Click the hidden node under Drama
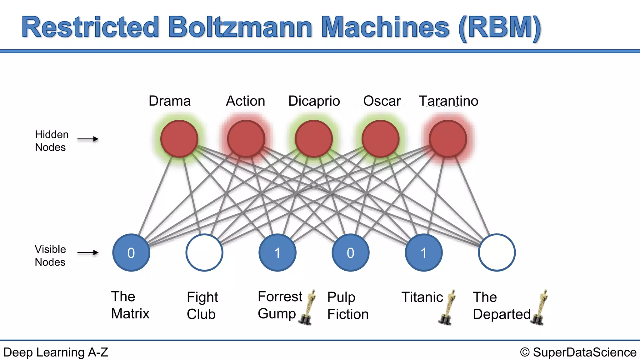(x=179, y=139)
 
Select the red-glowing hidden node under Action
(x=246, y=139)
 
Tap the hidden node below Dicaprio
(x=314, y=139)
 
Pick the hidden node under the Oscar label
(x=381, y=139)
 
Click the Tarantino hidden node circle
(x=448, y=139)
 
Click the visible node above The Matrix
(x=131, y=252)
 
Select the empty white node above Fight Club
(x=204, y=252)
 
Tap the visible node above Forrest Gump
(x=277, y=252)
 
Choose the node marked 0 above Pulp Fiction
(x=351, y=252)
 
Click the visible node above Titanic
(x=424, y=252)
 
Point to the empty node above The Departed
(x=497, y=252)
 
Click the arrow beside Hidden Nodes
(x=88, y=139)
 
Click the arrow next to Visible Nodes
(x=88, y=252)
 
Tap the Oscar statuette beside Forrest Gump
(x=308, y=307)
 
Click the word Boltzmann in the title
(x=240, y=27)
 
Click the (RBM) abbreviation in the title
(x=499, y=27)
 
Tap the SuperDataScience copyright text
(x=578, y=352)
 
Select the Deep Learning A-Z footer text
(x=56, y=352)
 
